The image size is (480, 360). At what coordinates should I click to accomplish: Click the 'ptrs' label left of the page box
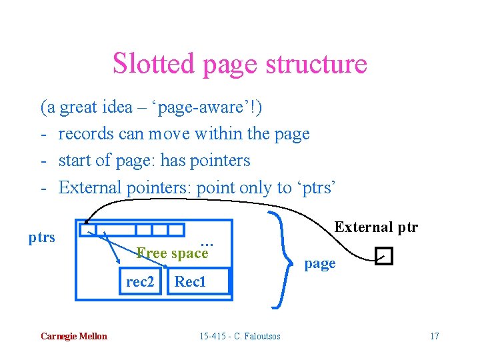(x=42, y=237)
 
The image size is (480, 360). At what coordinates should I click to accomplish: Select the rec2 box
(x=140, y=282)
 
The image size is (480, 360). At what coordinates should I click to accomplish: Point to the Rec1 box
(x=191, y=282)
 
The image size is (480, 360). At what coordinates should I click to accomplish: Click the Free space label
(x=172, y=253)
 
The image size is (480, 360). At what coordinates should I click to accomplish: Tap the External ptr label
(x=376, y=227)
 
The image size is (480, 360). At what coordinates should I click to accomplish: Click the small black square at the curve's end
(x=384, y=256)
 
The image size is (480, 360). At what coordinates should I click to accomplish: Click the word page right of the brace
(x=320, y=263)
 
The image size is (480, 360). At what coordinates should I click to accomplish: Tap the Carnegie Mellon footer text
(x=73, y=336)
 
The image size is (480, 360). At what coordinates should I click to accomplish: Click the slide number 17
(x=434, y=336)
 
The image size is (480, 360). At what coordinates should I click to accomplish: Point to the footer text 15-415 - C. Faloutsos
(x=240, y=336)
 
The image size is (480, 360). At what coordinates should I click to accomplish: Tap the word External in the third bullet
(x=89, y=187)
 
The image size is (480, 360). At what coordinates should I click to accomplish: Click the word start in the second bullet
(x=75, y=161)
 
